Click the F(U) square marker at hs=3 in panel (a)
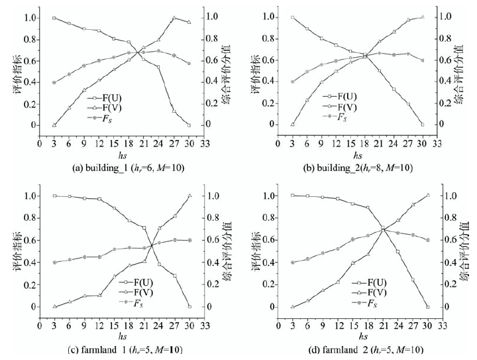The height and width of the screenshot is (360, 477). (x=54, y=18)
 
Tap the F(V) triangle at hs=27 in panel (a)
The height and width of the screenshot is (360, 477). (x=174, y=18)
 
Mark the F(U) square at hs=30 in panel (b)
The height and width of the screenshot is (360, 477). (x=423, y=125)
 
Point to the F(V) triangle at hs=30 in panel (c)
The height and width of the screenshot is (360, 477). (x=189, y=196)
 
